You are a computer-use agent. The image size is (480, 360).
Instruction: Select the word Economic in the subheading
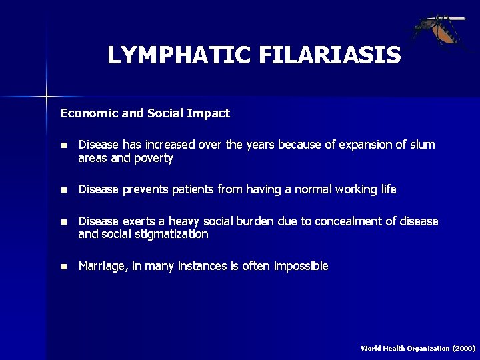[x=88, y=113]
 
